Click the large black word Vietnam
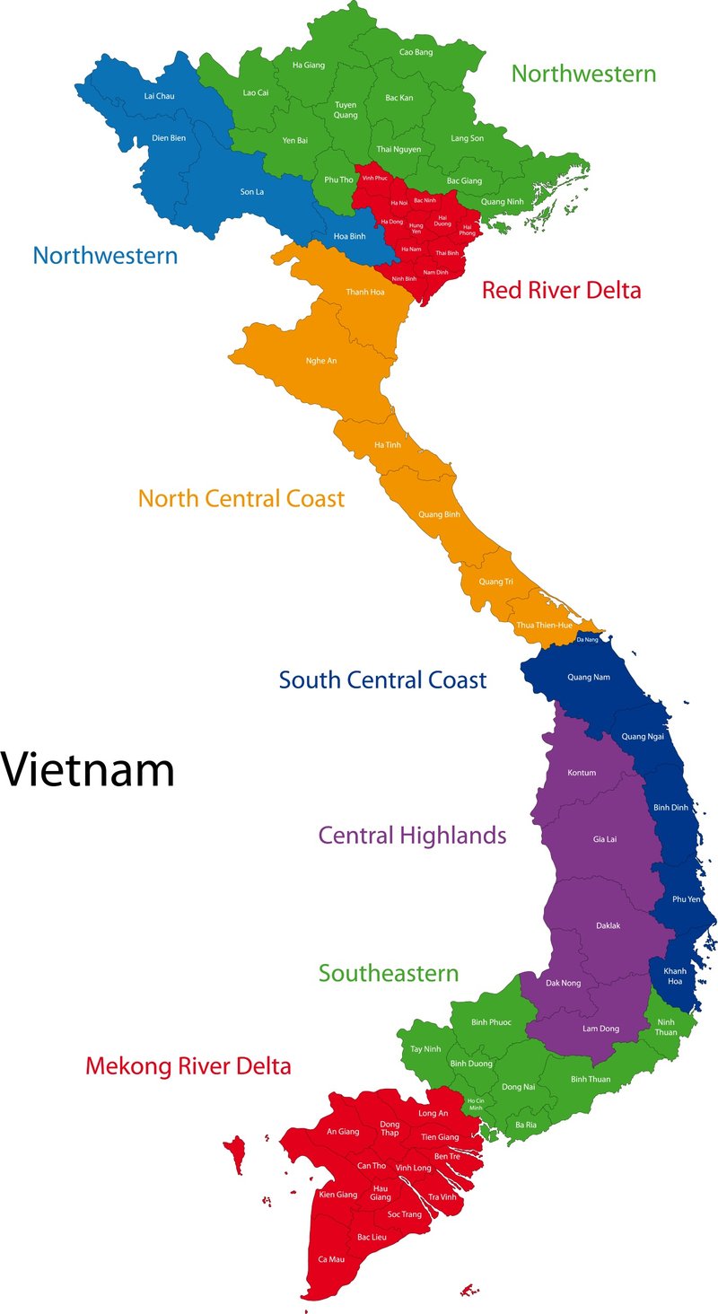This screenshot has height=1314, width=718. [x=88, y=769]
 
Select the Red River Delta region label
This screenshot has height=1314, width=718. [x=561, y=290]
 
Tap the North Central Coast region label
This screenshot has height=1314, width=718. [x=241, y=498]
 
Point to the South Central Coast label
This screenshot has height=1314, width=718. [x=382, y=679]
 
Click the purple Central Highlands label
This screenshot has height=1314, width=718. [x=412, y=836]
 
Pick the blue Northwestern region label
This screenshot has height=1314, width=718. [x=105, y=255]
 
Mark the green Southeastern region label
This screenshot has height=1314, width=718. [x=389, y=973]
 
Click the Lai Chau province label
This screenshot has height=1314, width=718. [x=159, y=96]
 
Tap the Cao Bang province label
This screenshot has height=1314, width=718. [x=416, y=53]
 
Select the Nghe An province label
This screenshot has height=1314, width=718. [x=320, y=361]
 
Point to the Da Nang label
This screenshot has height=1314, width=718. [x=586, y=639]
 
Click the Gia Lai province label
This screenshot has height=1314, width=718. [x=606, y=839]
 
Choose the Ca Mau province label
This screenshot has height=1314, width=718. [x=330, y=1259]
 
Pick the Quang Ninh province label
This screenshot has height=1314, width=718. [x=502, y=202]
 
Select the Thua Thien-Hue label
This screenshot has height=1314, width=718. [x=544, y=625]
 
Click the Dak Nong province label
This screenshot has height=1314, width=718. [x=564, y=983]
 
